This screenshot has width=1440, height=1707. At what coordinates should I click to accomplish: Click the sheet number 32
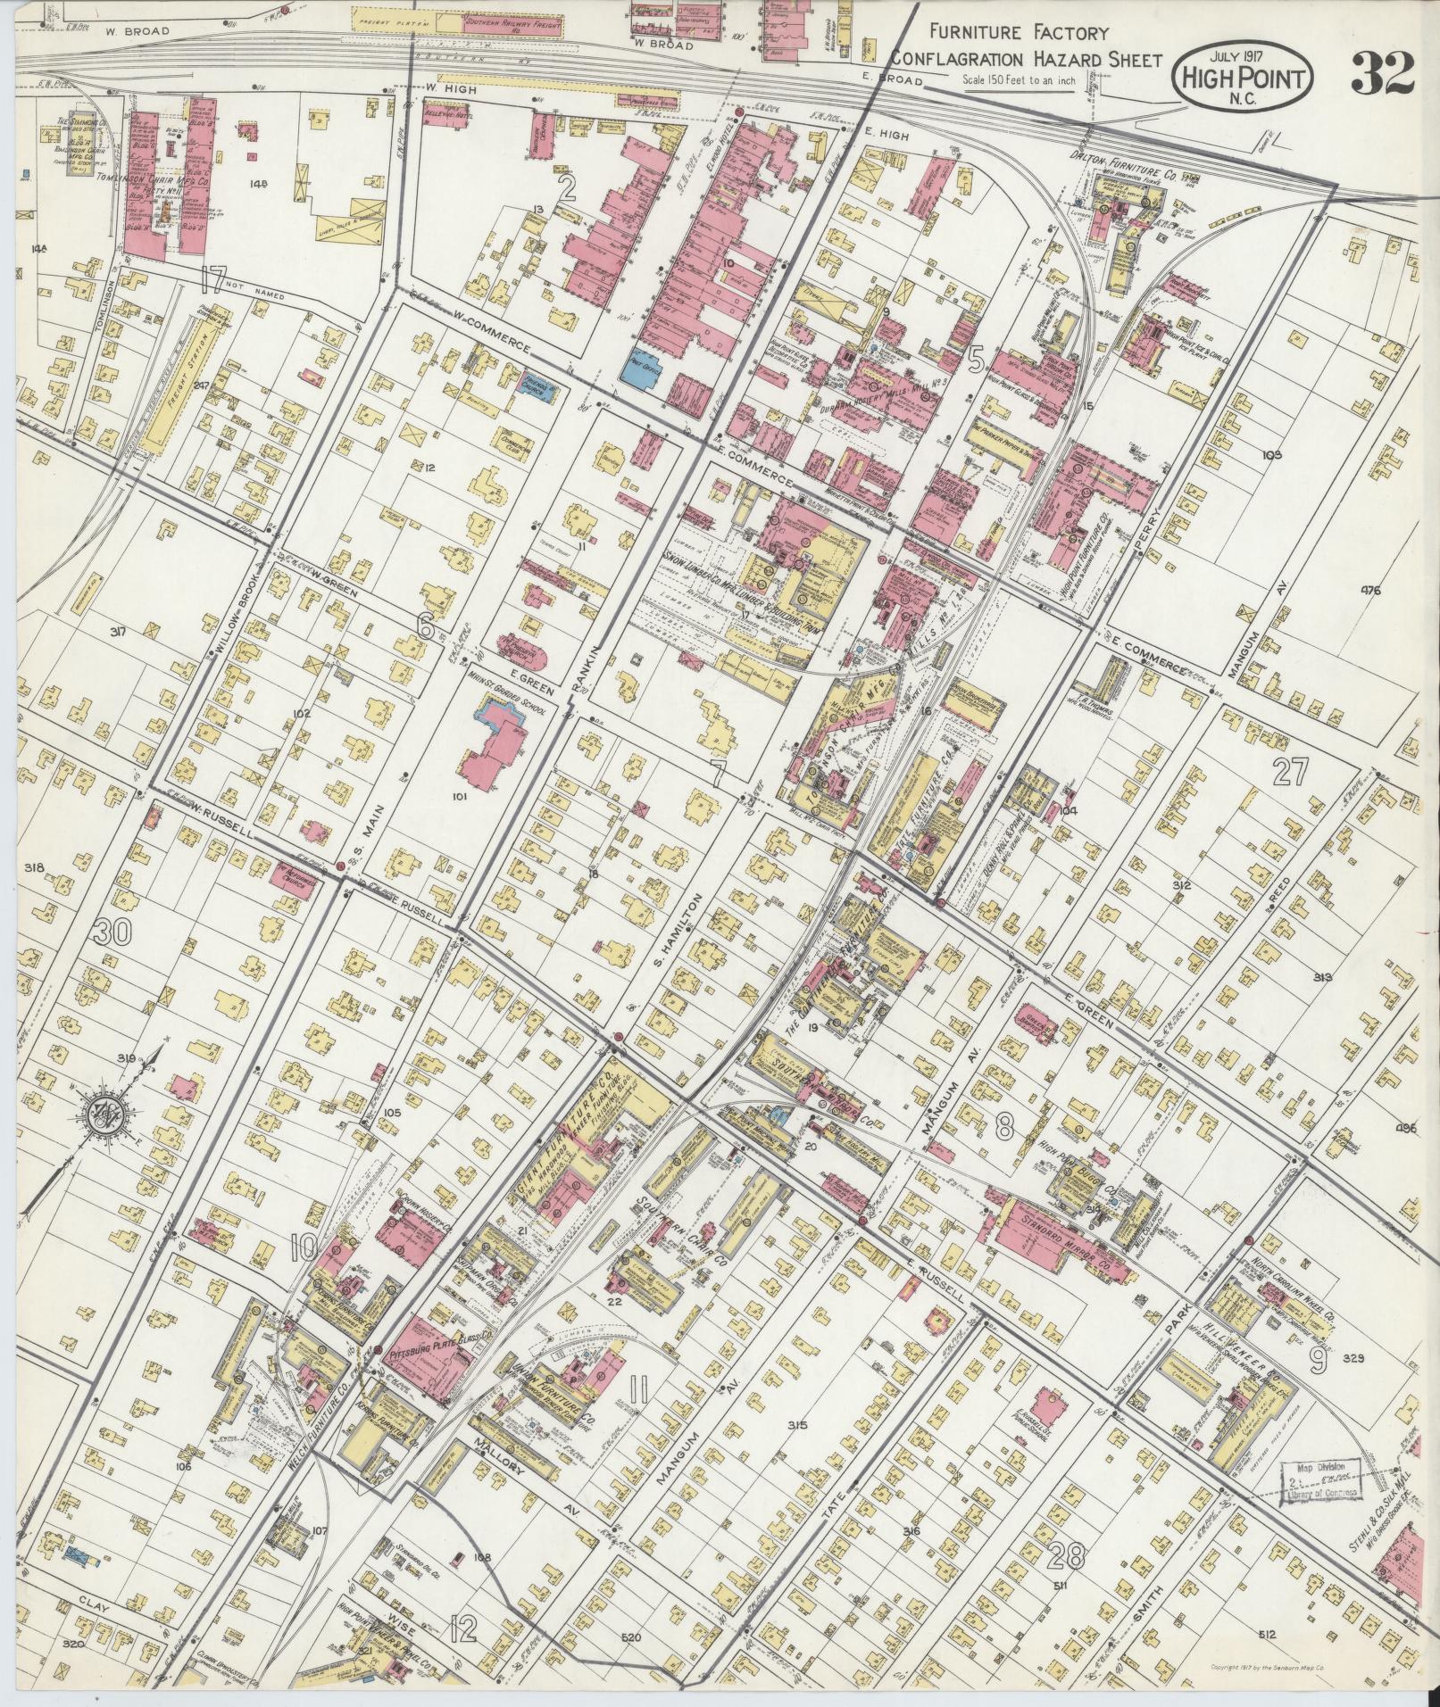point(1382,73)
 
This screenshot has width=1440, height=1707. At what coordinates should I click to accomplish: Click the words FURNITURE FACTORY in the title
point(1020,34)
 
